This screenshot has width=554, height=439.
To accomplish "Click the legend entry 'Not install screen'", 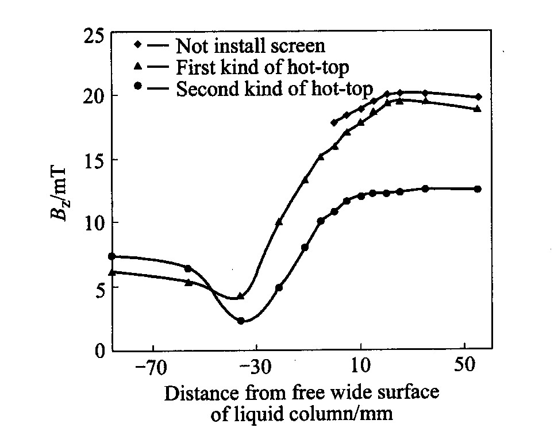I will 251,45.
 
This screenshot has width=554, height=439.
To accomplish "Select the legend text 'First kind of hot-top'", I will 262,67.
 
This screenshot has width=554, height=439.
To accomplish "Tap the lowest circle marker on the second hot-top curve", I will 241,321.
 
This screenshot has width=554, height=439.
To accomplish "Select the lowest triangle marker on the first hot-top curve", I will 241,296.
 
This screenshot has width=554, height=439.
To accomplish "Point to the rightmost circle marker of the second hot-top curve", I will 478,189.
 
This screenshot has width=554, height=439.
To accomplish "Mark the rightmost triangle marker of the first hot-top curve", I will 478,109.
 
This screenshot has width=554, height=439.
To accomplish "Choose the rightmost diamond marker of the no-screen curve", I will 478,97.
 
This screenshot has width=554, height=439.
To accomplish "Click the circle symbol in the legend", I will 137,87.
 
